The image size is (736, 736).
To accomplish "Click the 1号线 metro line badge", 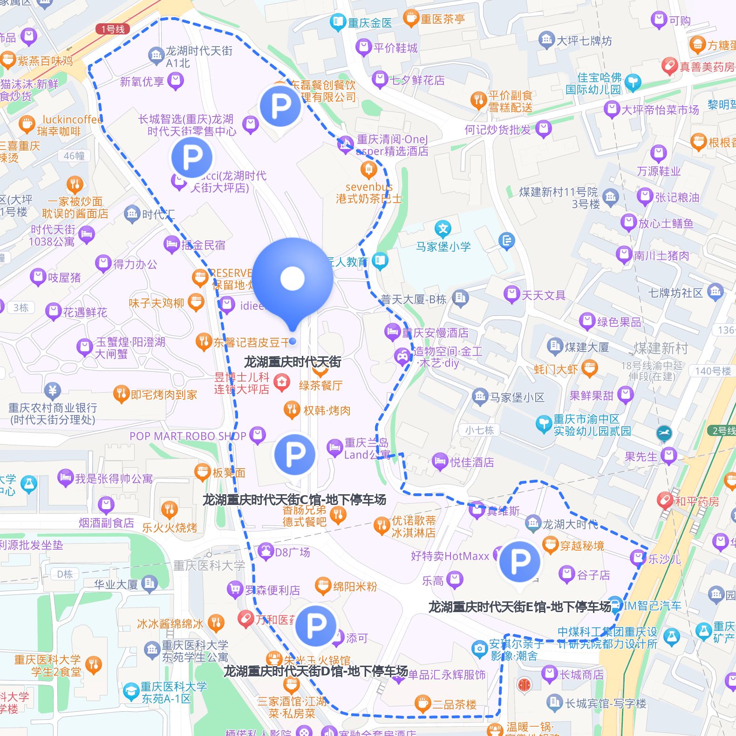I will (113, 29).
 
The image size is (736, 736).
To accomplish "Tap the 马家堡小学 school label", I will (443, 246).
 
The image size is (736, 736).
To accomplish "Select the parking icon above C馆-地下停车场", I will (294, 454).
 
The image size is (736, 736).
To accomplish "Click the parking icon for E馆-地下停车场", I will (519, 561).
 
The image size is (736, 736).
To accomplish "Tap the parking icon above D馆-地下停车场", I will (315, 626).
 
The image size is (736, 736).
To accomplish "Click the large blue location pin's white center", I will (293, 278).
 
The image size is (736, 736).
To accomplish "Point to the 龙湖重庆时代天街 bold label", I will (293, 362).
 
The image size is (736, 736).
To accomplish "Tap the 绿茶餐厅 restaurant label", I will (320, 385).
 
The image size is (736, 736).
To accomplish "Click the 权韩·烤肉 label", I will (327, 410).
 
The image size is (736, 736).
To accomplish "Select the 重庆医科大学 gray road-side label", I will (209, 566).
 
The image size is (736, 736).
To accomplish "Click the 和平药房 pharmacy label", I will (697, 501).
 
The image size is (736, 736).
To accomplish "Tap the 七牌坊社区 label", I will (675, 293).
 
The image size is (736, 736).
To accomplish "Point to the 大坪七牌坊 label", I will (584, 41).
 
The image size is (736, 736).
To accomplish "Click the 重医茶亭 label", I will (443, 19).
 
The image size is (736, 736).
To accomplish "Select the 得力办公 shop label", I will (135, 264).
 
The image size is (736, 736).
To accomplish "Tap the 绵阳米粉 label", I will (355, 586).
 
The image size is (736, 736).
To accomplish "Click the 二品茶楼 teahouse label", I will (454, 704).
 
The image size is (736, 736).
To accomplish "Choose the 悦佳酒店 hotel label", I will (471, 462).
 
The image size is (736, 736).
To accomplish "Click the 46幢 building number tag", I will (75, 156).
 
